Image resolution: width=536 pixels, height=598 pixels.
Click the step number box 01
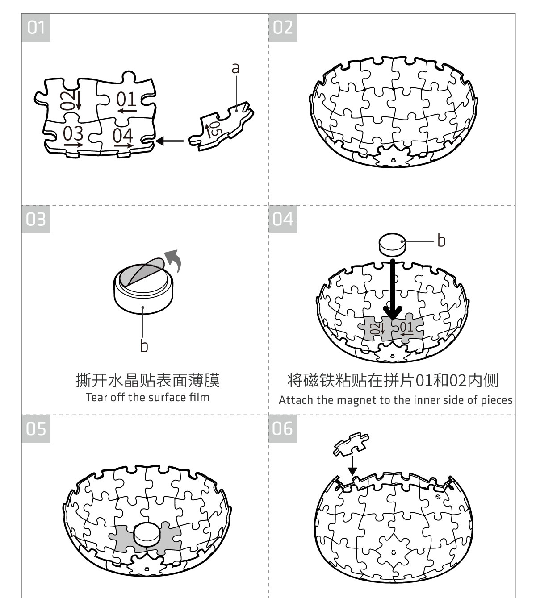click(x=36, y=28)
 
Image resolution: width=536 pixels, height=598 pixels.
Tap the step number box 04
click(x=283, y=219)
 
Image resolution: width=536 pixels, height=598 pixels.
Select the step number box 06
click(x=283, y=428)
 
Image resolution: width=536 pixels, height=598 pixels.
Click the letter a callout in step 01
click(x=235, y=68)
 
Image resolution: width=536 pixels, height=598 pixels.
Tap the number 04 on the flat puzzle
click(x=122, y=135)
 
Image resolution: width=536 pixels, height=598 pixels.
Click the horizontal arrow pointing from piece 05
click(x=170, y=141)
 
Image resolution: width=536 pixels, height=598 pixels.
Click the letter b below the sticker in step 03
click(x=144, y=346)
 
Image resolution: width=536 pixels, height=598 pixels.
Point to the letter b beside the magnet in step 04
click(x=441, y=241)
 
